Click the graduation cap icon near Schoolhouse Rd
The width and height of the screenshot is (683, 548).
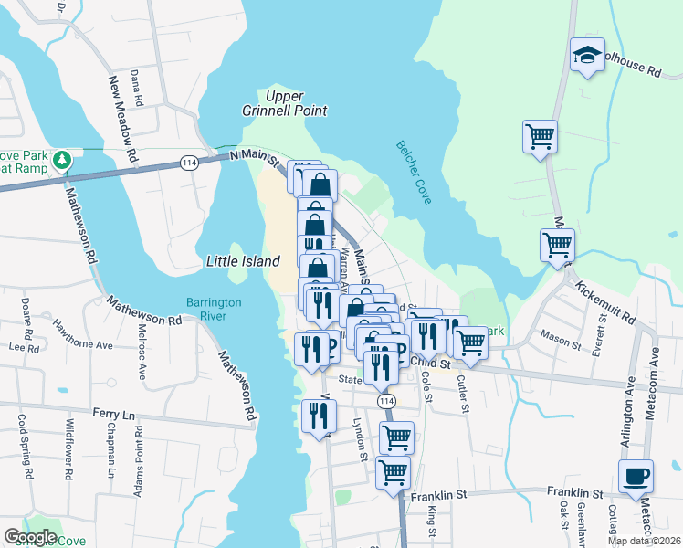pos(587,54)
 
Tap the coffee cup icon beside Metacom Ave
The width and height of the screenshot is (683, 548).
pos(636,475)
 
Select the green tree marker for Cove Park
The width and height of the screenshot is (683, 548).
pos(61,162)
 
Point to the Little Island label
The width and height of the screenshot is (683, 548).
pos(243,261)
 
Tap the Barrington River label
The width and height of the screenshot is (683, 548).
pos(213,308)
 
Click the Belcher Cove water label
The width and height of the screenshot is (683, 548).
pos(413,174)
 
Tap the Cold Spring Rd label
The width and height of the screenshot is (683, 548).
pos(24,448)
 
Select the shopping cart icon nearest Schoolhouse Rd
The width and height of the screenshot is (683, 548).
pos(540,136)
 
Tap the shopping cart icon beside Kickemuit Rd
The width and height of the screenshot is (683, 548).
pos(557,245)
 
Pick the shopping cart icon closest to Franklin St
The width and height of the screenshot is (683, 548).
pos(393,473)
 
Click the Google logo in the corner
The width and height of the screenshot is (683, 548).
pos(31,537)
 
